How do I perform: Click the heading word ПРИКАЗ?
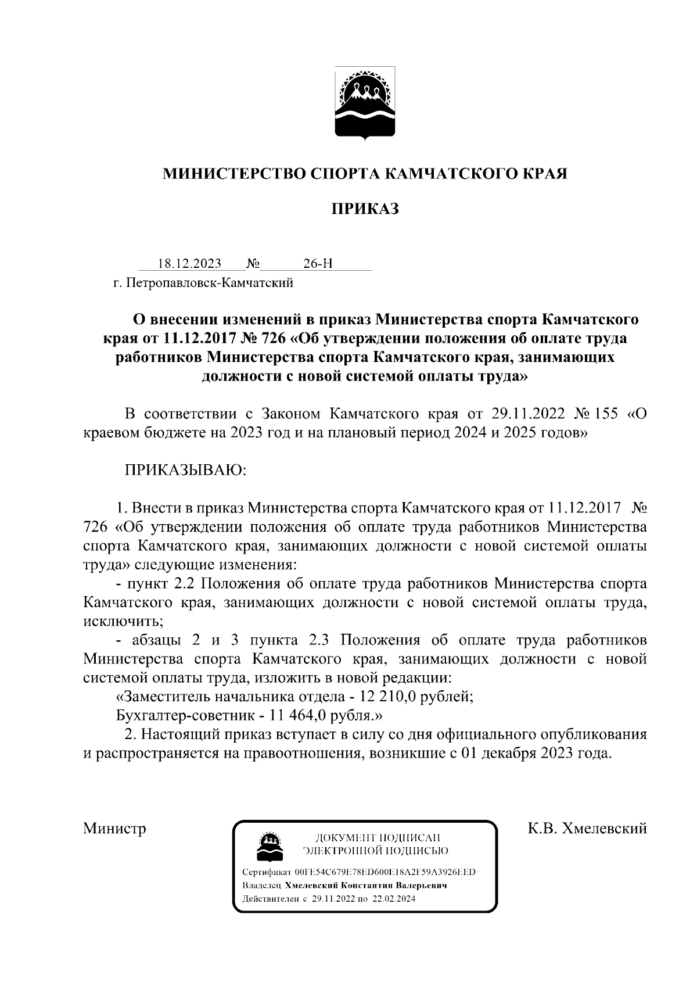click(365, 209)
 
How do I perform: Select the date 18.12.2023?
click(189, 264)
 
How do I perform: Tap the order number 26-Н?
click(318, 264)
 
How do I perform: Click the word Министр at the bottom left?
click(114, 827)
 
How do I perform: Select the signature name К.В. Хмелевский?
click(587, 827)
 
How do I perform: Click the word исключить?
click(123, 620)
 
